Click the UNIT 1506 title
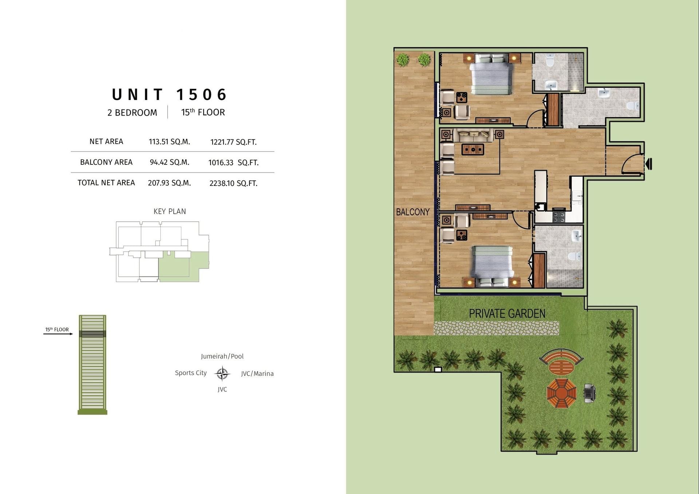click(169, 95)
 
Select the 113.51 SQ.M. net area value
click(169, 142)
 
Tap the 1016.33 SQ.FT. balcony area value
click(233, 163)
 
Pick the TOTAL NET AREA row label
click(106, 183)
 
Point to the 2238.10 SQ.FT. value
click(233, 183)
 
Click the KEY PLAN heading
click(170, 211)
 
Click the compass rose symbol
click(222, 373)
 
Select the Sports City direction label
click(191, 373)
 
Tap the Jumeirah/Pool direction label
click(222, 356)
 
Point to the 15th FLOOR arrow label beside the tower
click(57, 330)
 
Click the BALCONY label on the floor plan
click(413, 212)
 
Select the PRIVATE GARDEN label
click(507, 314)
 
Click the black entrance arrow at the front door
click(649, 164)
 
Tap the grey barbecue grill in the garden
click(589, 393)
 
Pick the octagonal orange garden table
click(561, 393)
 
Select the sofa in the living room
click(473, 135)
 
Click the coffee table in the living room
click(473, 149)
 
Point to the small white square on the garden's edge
click(438, 370)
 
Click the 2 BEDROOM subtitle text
click(132, 113)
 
